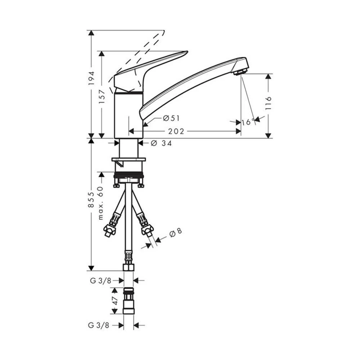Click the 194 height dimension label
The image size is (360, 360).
(92, 78)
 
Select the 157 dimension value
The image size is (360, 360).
(102, 96)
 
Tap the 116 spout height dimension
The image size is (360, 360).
(269, 103)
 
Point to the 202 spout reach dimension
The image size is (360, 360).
(176, 131)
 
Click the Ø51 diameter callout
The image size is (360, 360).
(171, 118)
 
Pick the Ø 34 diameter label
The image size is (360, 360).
(161, 144)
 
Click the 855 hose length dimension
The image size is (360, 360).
(91, 200)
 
